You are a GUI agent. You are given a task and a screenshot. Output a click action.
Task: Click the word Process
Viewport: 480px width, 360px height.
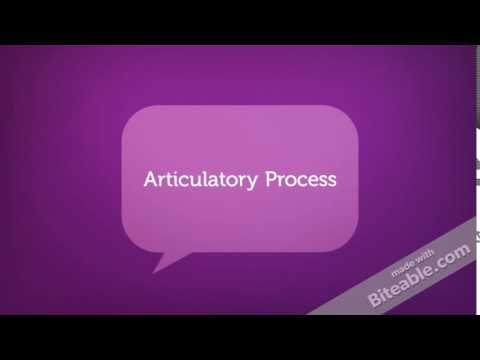click(x=301, y=181)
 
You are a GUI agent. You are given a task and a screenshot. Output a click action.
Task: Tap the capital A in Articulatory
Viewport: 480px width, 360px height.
click(x=151, y=181)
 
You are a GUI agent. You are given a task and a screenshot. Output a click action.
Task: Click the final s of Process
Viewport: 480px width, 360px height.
click(x=332, y=182)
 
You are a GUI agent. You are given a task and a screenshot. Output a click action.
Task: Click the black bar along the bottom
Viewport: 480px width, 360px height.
click(x=240, y=337)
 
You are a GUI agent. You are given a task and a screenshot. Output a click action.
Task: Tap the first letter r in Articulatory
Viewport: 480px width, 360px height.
click(x=162, y=182)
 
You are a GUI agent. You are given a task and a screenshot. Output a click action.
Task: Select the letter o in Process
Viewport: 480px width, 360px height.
click(x=290, y=182)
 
